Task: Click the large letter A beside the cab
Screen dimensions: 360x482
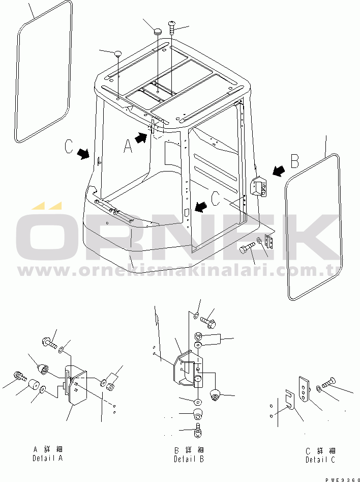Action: point(128,146)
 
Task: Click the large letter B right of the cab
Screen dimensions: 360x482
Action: point(294,160)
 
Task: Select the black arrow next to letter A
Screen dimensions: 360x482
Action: point(141,137)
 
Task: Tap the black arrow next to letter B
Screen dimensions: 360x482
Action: point(279,171)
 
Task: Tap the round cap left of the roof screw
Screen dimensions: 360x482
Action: point(158,32)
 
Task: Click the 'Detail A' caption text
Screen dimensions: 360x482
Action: point(48,458)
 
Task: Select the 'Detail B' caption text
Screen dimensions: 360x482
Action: point(189,459)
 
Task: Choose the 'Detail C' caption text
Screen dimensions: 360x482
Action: point(320,460)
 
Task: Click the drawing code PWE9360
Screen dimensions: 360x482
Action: point(342,479)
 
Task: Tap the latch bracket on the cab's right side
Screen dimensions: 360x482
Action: point(259,186)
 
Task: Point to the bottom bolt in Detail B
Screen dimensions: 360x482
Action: point(198,430)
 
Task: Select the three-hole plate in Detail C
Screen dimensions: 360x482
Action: point(304,389)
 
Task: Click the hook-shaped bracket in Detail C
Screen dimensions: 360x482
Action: point(290,400)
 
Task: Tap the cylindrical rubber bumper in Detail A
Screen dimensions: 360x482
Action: point(33,384)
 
